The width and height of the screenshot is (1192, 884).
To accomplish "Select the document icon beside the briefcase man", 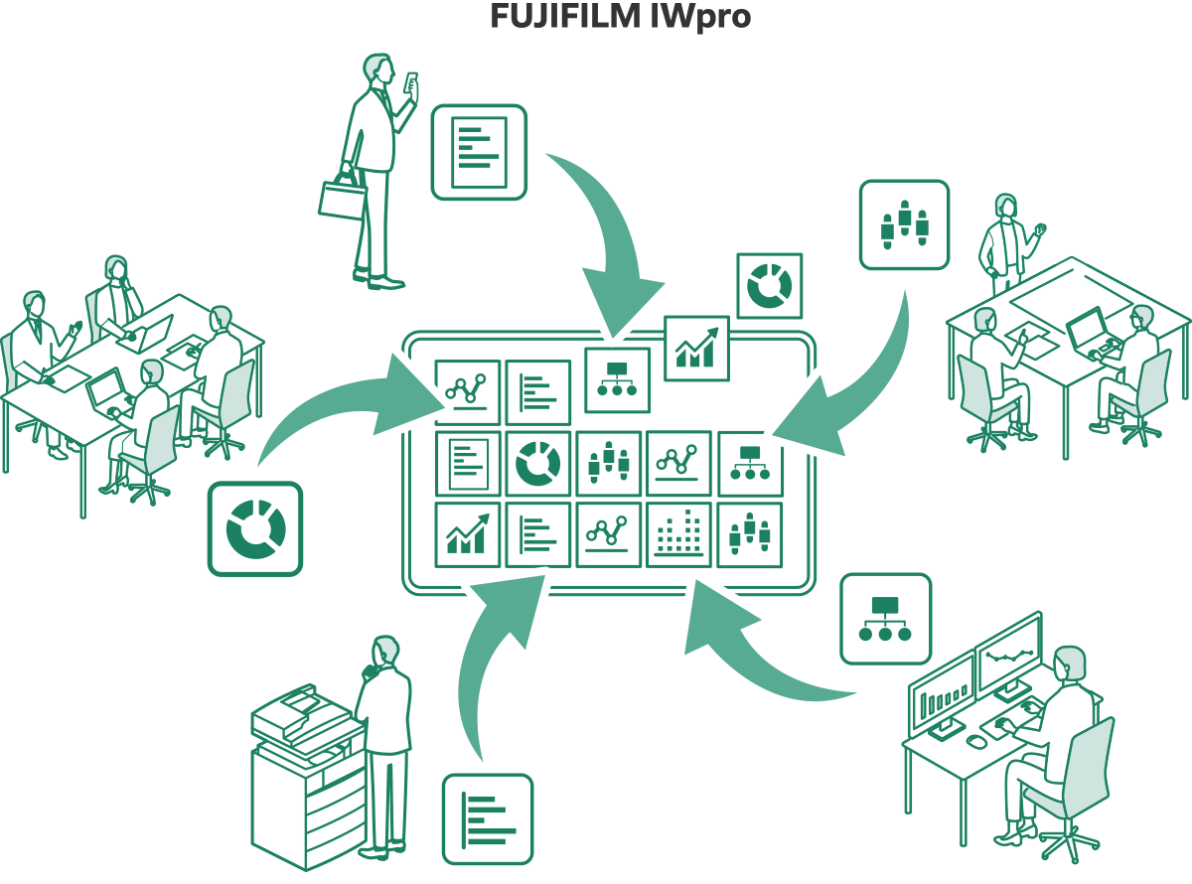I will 479,152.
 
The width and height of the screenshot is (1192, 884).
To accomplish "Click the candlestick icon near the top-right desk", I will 904,224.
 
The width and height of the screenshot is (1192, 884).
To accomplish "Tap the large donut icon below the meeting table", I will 255,528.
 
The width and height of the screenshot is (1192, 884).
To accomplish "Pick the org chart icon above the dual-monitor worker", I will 886,618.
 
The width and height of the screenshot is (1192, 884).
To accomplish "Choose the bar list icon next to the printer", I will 488,818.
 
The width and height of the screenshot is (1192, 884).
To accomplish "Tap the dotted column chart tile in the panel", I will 678,534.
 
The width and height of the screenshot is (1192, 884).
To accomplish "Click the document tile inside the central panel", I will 468,464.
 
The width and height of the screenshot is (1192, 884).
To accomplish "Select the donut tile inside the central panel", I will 538,464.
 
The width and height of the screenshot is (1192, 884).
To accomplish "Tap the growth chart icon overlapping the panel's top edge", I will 696,349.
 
